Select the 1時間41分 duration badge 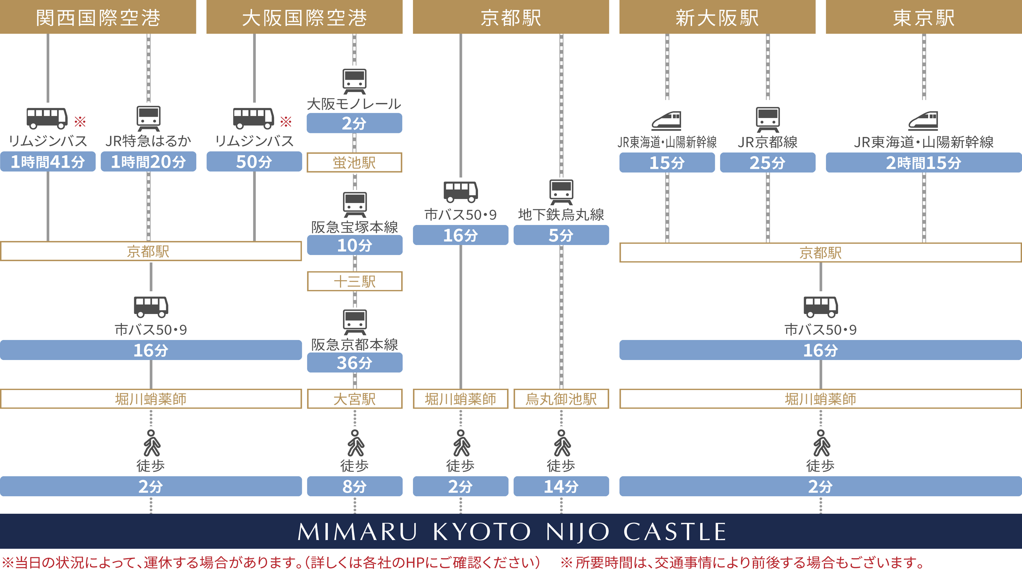[47, 162]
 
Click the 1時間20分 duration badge [148, 162]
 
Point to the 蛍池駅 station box [354, 162]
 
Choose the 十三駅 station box [355, 281]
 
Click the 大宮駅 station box [355, 399]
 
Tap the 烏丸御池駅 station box [561, 399]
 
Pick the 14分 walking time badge [561, 487]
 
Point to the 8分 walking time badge [355, 487]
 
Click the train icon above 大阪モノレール [354, 81]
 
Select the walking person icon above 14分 [561, 443]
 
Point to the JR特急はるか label [148, 141]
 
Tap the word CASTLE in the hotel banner [675, 532]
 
